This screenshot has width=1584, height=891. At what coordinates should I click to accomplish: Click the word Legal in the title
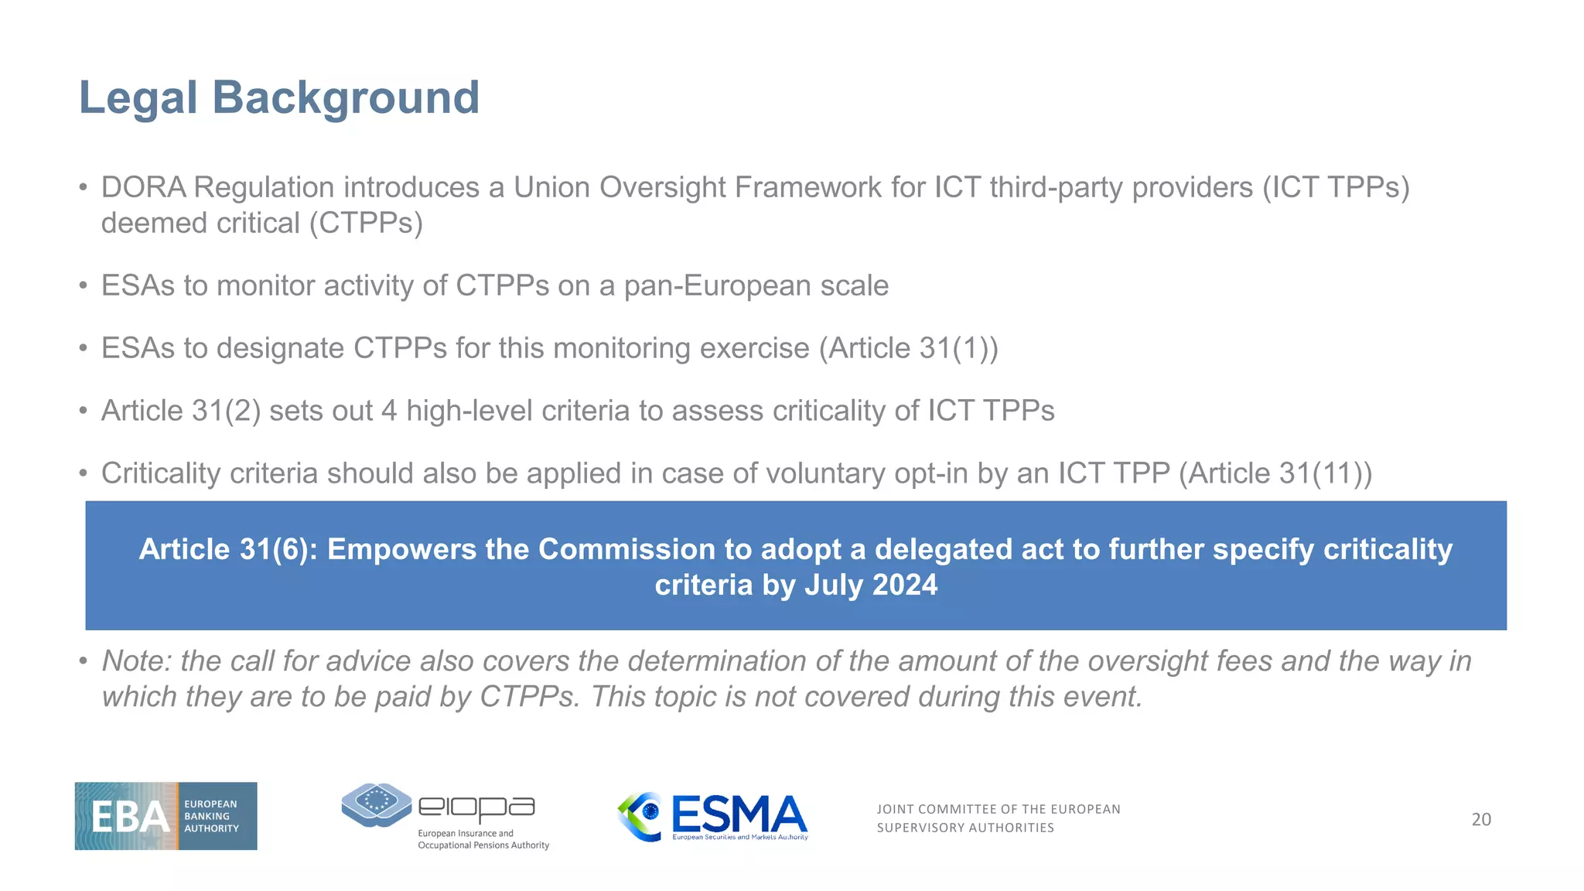pyautogui.click(x=138, y=98)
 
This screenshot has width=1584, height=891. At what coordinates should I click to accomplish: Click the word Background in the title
pyautogui.click(x=346, y=98)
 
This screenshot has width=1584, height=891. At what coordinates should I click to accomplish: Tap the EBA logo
pyautogui.click(x=166, y=816)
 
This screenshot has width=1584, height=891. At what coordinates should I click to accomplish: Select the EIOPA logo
pyautogui.click(x=445, y=816)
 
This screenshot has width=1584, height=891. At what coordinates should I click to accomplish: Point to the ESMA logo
pyautogui.click(x=713, y=816)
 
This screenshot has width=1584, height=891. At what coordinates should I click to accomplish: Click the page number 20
pyautogui.click(x=1480, y=820)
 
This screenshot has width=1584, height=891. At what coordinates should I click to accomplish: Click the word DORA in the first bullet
pyautogui.click(x=144, y=188)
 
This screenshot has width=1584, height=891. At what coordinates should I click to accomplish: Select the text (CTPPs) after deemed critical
pyautogui.click(x=366, y=224)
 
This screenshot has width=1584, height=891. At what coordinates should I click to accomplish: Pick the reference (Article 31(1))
pyautogui.click(x=909, y=349)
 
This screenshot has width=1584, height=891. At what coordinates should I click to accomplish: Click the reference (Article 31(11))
pyautogui.click(x=1275, y=473)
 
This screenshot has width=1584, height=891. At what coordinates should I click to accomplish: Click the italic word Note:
pyautogui.click(x=137, y=661)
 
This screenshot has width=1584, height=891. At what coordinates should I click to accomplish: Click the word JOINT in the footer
pyautogui.click(x=896, y=809)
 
